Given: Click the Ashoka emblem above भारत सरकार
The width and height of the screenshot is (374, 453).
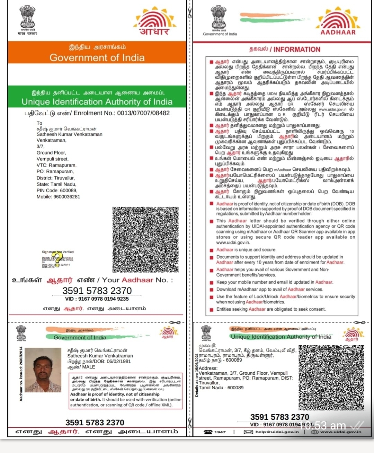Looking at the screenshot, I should [27, 17].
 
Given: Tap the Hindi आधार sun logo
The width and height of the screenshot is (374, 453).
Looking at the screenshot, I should [155, 21].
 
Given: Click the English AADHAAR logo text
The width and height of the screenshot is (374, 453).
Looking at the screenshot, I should [338, 32].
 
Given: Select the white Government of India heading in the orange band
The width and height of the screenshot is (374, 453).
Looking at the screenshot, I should [97, 57].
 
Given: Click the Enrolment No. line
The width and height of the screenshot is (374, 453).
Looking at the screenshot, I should [97, 113].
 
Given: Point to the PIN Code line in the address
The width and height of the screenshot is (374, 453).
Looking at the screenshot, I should [57, 190].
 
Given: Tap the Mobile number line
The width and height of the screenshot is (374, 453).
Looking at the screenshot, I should [58, 197].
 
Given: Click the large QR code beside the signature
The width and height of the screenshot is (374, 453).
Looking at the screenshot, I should [145, 239].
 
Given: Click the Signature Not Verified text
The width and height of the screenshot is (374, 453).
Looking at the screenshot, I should [58, 252].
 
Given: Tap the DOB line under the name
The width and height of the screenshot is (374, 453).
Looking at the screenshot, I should [99, 361].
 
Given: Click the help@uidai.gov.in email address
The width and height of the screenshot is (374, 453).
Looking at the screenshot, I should [277, 432].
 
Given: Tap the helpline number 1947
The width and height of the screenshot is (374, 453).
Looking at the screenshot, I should [220, 432].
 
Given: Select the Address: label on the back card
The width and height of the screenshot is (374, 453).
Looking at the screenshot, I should [208, 368].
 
